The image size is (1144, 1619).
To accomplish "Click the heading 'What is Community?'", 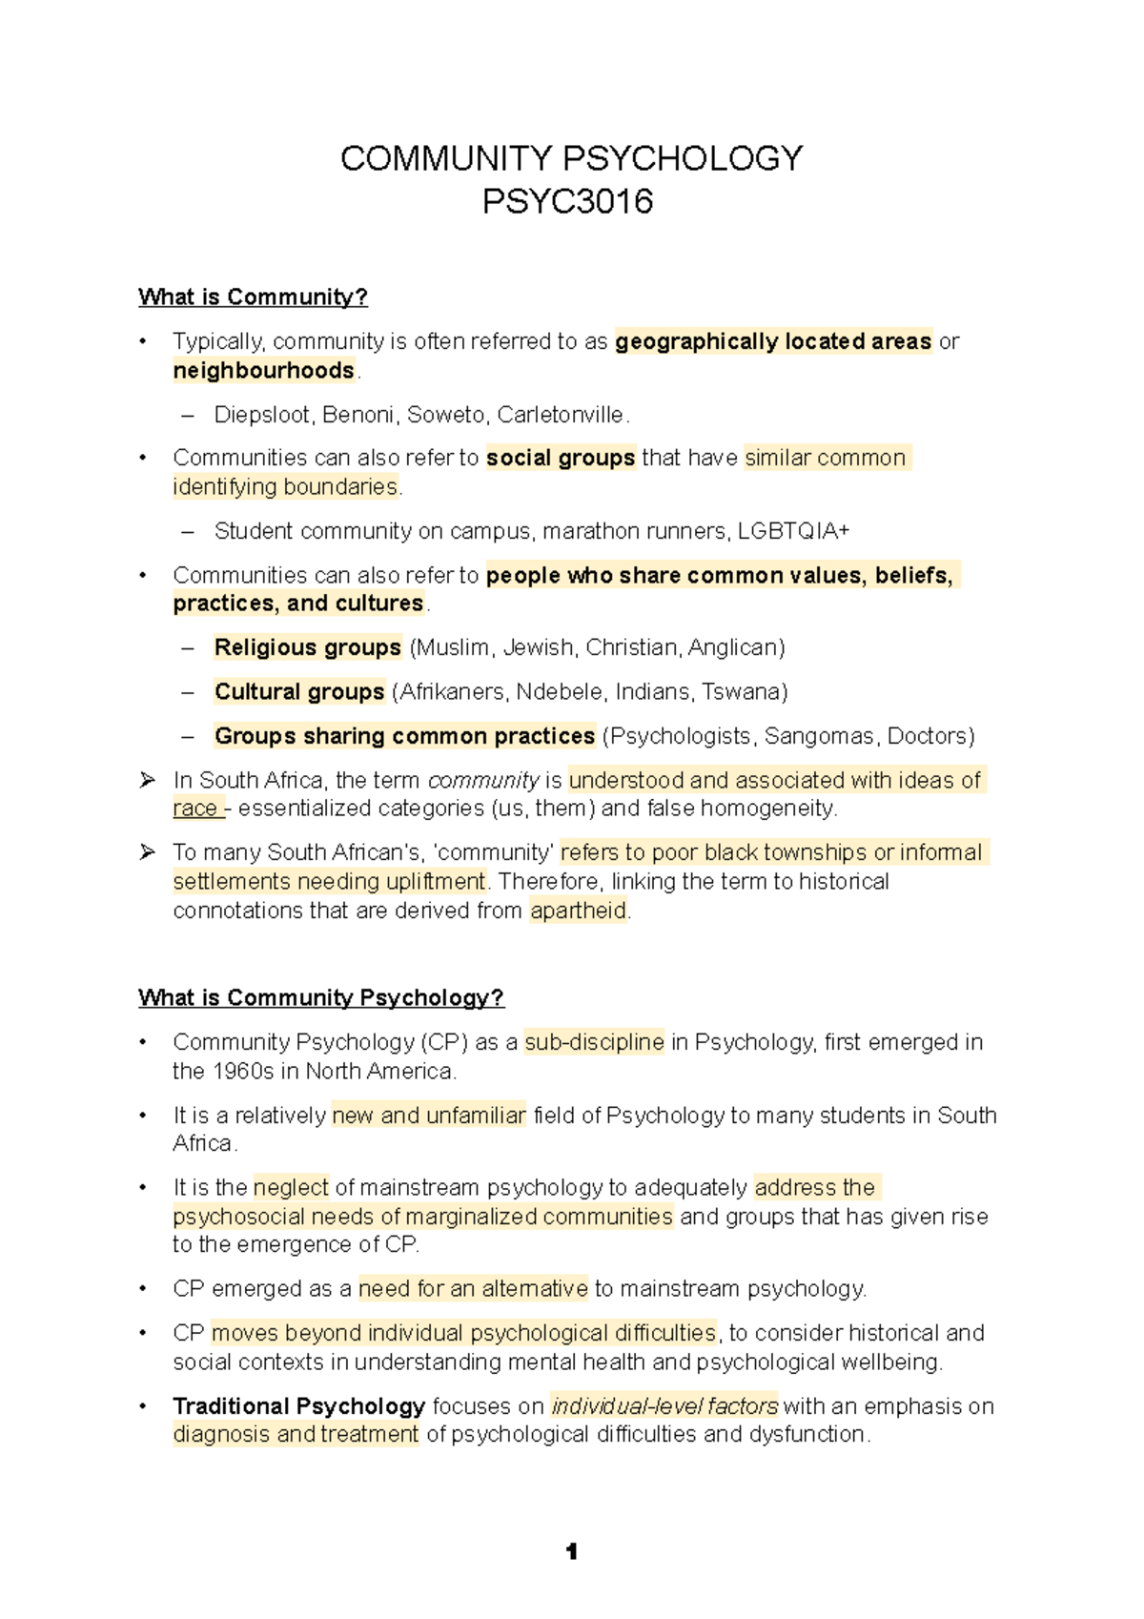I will [x=253, y=297].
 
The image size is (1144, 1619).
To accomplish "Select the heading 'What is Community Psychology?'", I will [x=320, y=998].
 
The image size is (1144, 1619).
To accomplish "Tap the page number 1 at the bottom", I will [x=571, y=1552].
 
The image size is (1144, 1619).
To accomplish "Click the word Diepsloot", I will [x=264, y=415].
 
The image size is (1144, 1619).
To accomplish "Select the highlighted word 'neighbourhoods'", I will [x=263, y=371].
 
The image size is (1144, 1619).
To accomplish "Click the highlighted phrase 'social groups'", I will [x=561, y=459].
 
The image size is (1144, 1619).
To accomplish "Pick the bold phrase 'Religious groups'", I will [x=307, y=648].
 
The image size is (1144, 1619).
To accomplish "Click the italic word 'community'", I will [x=483, y=781].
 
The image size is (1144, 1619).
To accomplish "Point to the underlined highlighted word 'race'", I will [x=195, y=809].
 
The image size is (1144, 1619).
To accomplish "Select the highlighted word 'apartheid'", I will [x=579, y=912].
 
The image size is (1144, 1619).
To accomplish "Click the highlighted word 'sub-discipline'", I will [x=594, y=1043].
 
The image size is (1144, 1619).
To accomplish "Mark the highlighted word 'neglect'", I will [x=291, y=1188].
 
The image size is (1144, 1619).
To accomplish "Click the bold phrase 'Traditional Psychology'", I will [x=298, y=1406].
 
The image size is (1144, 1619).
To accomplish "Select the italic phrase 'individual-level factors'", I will [x=664, y=1406].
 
